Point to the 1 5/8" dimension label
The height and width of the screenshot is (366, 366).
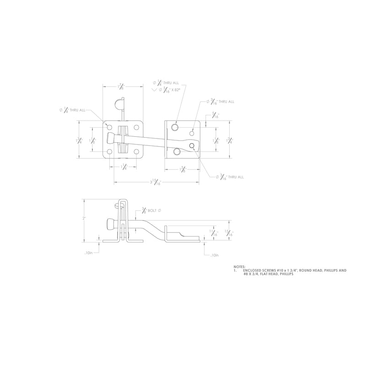[x=182, y=170]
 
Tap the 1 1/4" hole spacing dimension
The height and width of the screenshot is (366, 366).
[x=124, y=168]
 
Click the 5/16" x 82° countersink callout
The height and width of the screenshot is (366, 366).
[x=167, y=90]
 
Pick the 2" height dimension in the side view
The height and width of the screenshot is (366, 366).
[x=84, y=219]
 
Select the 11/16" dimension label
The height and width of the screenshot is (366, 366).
[x=213, y=233]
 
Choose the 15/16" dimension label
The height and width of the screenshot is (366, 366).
[x=229, y=233]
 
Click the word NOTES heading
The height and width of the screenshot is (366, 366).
[x=239, y=266]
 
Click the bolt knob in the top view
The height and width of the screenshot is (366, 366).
[x=110, y=138]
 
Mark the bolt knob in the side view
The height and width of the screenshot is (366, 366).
[x=110, y=224]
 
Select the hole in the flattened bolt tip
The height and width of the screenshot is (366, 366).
[x=193, y=146]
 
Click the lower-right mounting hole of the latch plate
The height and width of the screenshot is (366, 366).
[x=136, y=151]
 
